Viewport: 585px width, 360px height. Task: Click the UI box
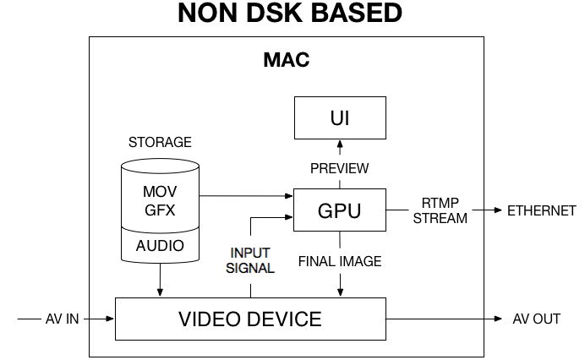tap(340, 117)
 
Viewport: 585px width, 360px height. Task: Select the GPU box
tap(340, 210)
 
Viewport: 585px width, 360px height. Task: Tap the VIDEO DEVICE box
tap(250, 319)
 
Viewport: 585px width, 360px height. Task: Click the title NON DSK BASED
tap(290, 13)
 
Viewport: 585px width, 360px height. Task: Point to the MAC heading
tap(287, 60)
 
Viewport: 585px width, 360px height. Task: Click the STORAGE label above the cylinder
tap(160, 142)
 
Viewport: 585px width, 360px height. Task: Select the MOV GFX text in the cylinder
tap(160, 201)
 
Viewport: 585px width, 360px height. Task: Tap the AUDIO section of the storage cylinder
tap(160, 245)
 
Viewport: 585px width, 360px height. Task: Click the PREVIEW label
tap(340, 168)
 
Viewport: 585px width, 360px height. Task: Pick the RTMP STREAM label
tap(440, 210)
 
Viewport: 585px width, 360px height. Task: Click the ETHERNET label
tap(542, 210)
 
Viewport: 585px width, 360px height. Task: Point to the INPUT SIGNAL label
tap(250, 260)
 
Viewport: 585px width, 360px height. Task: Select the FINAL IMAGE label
tap(340, 261)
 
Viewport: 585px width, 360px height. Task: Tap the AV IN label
tap(63, 319)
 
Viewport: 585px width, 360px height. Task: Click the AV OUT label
tap(537, 319)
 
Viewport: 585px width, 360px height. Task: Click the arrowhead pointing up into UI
tap(340, 144)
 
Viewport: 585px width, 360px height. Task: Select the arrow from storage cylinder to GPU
tap(246, 195)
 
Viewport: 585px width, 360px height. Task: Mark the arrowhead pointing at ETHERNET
tap(498, 210)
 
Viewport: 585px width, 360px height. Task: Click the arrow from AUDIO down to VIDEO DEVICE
tap(160, 280)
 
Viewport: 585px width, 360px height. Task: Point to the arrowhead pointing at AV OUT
tap(498, 319)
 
